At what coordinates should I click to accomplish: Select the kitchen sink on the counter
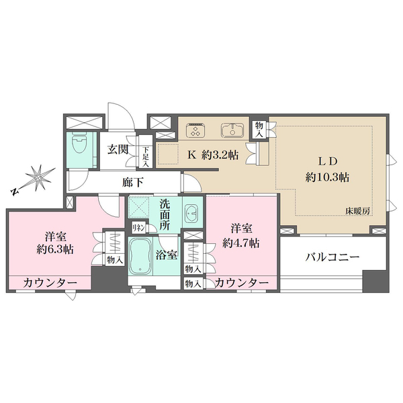point(232,128)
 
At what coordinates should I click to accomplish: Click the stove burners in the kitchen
point(196,128)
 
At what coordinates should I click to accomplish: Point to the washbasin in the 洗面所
point(190,214)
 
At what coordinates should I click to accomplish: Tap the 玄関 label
point(118,150)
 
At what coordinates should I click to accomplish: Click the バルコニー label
point(332,257)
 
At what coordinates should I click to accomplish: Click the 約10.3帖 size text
point(325,178)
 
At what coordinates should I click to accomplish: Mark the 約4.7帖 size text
point(242,243)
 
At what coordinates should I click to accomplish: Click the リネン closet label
point(138,228)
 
